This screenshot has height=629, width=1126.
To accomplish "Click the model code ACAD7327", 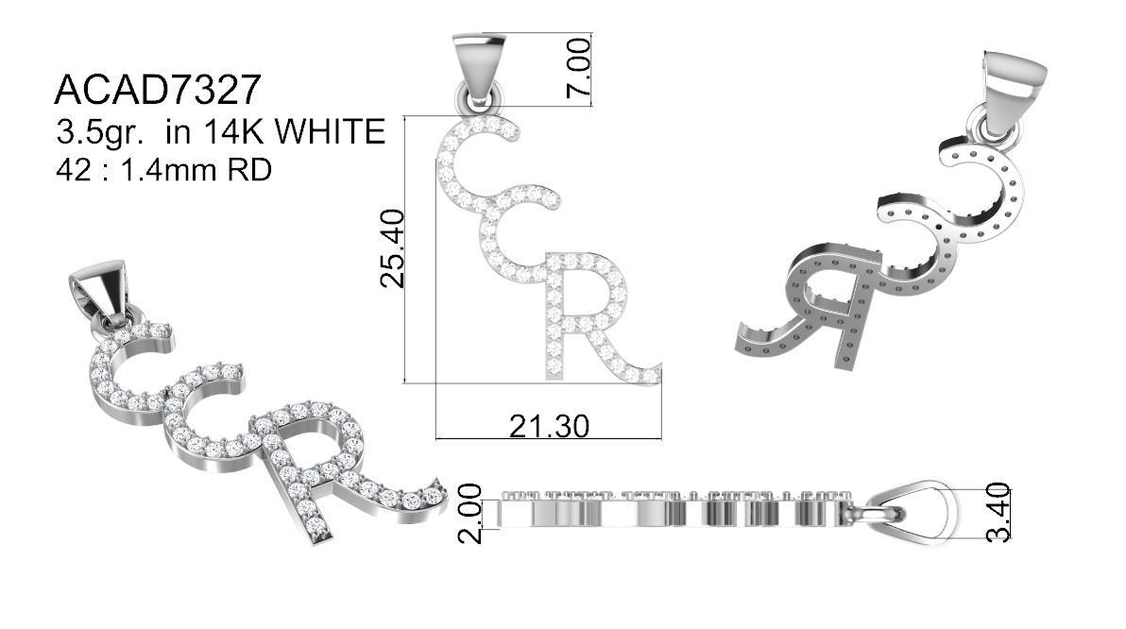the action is pos(157,91).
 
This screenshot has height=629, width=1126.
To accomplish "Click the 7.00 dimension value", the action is pos(579,68).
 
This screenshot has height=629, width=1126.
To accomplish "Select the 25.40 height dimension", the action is pos(394,248).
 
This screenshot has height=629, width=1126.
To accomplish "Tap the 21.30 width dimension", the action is pos(550,426).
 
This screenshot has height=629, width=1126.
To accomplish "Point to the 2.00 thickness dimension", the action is pos(469,514).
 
